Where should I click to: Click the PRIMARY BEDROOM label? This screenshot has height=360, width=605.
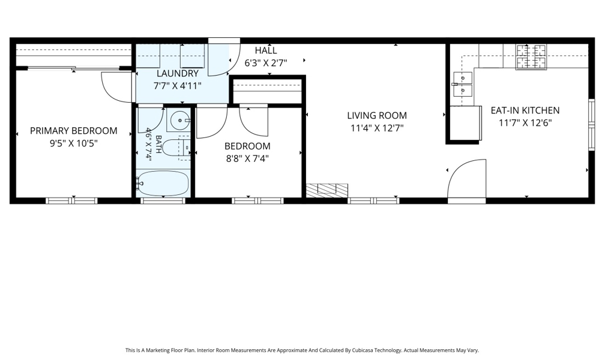point(74,131)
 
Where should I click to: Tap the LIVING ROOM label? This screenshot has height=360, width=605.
point(377,115)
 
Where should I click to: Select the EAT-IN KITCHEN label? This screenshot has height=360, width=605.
point(525,110)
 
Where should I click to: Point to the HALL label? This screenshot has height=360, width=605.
point(266,50)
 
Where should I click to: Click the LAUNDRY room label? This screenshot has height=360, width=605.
point(178,73)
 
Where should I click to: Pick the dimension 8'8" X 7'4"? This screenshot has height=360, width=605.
point(247,158)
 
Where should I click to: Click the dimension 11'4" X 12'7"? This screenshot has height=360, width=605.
point(377,128)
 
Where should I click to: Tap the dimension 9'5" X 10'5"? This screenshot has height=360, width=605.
point(74,143)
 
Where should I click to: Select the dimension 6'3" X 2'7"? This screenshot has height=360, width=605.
point(266,62)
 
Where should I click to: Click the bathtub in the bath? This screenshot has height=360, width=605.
point(163,183)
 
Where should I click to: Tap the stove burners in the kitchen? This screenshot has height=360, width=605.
point(531,57)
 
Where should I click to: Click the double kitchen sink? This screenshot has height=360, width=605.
point(463,84)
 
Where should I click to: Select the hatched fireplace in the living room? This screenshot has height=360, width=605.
point(327,189)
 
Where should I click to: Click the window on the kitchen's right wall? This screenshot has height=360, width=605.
point(592,125)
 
